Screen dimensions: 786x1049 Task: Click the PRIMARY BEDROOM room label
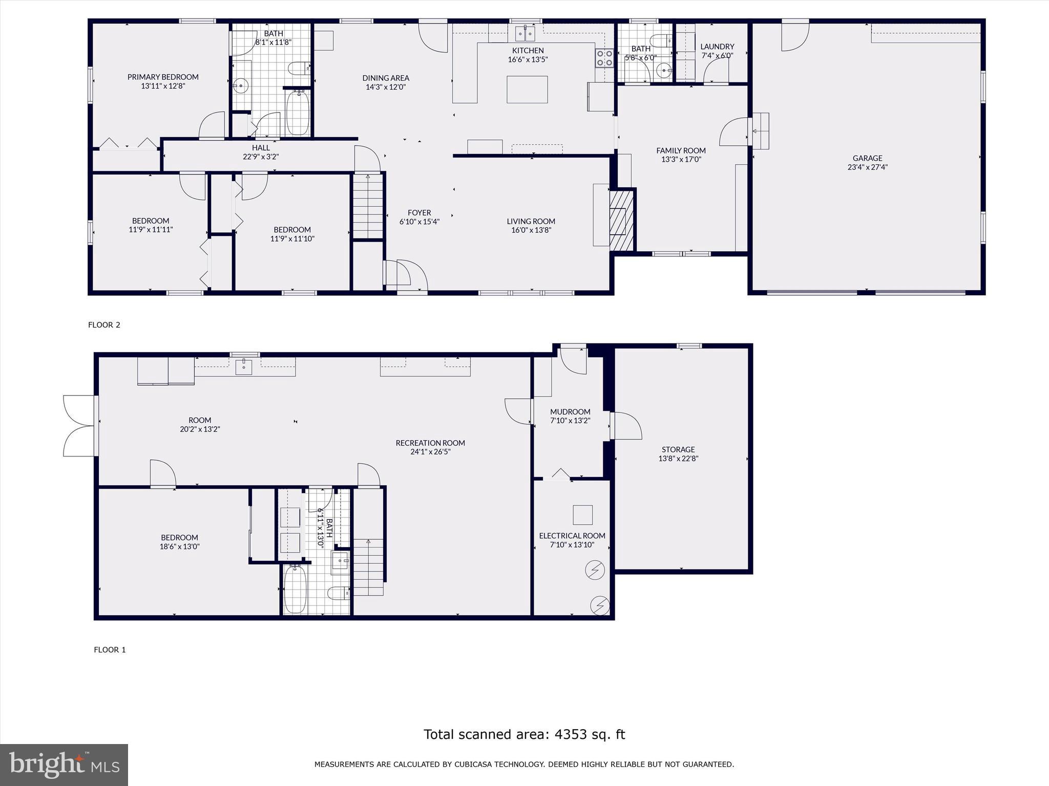pyautogui.click(x=163, y=77)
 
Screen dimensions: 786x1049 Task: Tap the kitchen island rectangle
pyautogui.click(x=527, y=90)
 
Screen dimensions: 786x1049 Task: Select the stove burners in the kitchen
pyautogui.click(x=604, y=58)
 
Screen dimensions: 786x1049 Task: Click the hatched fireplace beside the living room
pyautogui.click(x=622, y=220)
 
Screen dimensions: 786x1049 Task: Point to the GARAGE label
pyautogui.click(x=867, y=158)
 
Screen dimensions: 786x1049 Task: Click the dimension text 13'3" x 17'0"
pyautogui.click(x=681, y=159)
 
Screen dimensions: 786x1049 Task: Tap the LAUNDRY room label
pyautogui.click(x=717, y=47)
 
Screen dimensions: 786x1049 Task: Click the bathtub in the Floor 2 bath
pyautogui.click(x=298, y=113)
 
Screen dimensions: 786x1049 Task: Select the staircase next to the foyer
pyautogui.click(x=368, y=206)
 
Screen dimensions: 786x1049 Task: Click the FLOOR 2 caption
pyautogui.click(x=104, y=325)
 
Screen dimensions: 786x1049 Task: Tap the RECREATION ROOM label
pyautogui.click(x=430, y=443)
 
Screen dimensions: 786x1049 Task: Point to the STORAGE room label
pyautogui.click(x=678, y=449)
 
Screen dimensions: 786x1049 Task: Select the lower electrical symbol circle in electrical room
pyautogui.click(x=600, y=606)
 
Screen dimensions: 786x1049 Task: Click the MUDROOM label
pyautogui.click(x=570, y=412)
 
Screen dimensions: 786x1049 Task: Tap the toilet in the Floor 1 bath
pyautogui.click(x=338, y=594)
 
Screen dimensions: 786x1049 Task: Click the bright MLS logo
pyautogui.click(x=64, y=765)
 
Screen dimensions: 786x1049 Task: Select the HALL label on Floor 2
pyautogui.click(x=261, y=148)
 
